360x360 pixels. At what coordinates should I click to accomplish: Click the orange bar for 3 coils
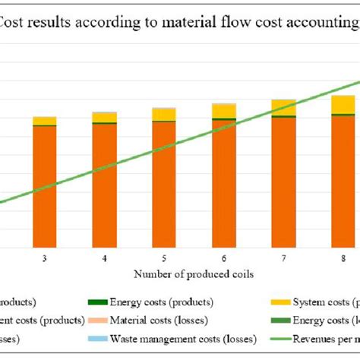point(45,186)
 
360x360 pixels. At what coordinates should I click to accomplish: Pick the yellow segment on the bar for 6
point(223,111)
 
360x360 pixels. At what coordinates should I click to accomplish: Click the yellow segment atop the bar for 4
point(104,117)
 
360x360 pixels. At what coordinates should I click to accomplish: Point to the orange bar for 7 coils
point(283,182)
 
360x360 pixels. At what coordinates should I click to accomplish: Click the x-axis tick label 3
point(45,258)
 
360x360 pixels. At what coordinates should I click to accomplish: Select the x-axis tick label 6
point(223,258)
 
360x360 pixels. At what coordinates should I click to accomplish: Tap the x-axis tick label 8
point(343,258)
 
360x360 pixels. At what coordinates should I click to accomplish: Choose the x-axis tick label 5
point(164,258)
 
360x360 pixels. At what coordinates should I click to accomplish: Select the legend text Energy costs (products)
point(162,302)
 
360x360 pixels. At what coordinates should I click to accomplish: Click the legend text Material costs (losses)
point(160,321)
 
